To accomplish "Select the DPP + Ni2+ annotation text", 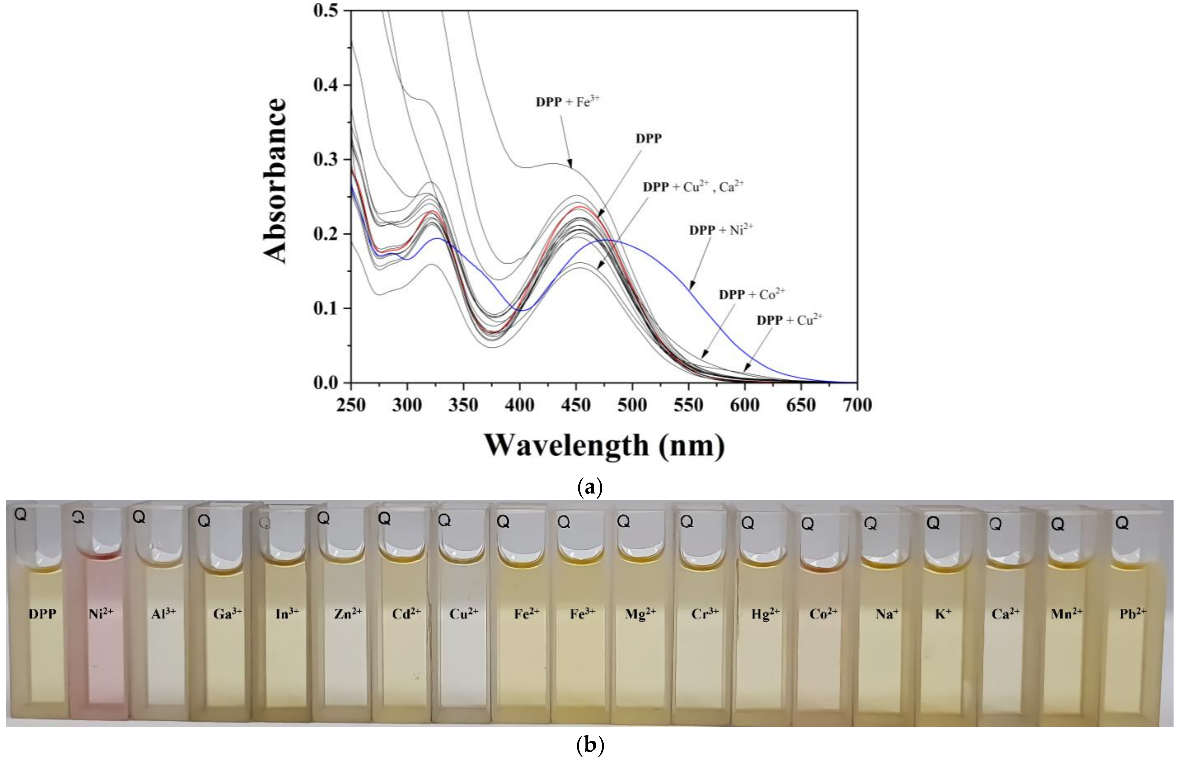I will pyautogui.click(x=721, y=230).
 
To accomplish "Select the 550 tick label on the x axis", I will pyautogui.click(x=688, y=405).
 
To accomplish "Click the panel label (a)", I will pyautogui.click(x=590, y=488).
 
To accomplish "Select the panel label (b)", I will pyautogui.click(x=590, y=745).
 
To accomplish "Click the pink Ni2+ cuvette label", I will pyautogui.click(x=101, y=614).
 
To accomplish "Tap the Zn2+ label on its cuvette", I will pyautogui.click(x=348, y=614).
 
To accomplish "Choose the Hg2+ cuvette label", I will pyautogui.click(x=765, y=614).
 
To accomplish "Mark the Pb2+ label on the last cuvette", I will pyautogui.click(x=1133, y=614).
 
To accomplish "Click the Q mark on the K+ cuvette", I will pyautogui.click(x=932, y=523).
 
